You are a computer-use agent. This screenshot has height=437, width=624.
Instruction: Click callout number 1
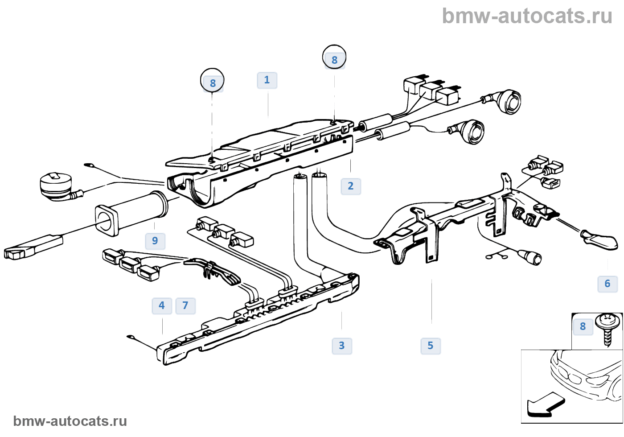[267, 80]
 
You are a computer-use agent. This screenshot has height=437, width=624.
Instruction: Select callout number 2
[351, 186]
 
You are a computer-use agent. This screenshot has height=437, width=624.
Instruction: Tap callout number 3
[342, 346]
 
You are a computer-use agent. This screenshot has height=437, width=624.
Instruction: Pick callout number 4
[162, 305]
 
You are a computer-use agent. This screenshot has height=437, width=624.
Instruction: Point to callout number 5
[431, 346]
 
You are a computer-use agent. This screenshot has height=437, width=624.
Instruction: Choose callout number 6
[608, 284]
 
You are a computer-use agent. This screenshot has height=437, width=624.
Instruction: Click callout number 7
[185, 305]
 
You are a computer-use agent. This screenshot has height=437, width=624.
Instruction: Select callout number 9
[155, 241]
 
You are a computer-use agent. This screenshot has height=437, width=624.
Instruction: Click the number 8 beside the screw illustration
[583, 326]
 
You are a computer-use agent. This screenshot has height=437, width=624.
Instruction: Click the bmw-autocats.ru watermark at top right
[527, 16]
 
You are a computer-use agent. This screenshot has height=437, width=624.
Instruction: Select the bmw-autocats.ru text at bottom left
[70, 421]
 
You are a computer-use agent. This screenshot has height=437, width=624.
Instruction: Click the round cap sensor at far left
[55, 186]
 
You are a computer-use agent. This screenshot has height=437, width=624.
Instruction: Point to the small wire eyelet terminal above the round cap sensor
[89, 166]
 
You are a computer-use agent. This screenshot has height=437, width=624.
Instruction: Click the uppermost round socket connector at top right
[509, 102]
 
